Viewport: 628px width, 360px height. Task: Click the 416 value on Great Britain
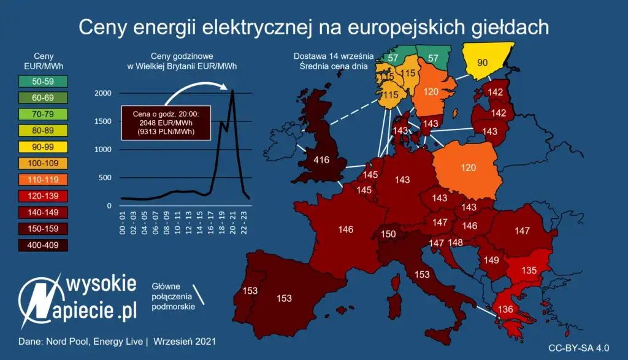321,161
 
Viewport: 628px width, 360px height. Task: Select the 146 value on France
345,230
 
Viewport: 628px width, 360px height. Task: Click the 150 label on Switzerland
388,234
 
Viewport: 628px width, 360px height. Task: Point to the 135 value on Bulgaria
529,270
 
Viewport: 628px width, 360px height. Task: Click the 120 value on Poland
468,167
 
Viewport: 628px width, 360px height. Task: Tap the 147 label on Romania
522,231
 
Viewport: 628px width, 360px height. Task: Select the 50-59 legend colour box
42,80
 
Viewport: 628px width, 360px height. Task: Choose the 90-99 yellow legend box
42,147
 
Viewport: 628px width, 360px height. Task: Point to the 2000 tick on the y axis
102,93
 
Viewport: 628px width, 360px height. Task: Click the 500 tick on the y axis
105,178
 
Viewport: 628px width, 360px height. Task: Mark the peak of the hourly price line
232,91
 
